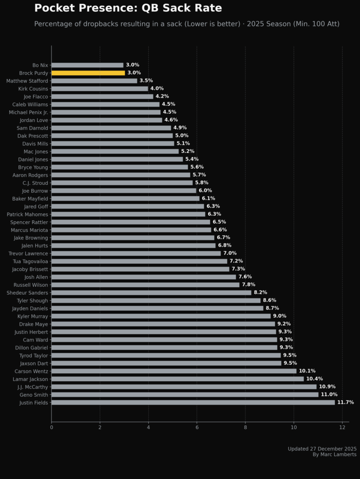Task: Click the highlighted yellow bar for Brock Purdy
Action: coord(88,73)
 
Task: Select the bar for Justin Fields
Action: coord(193,402)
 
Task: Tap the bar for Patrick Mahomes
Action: coord(128,214)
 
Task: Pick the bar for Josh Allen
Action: coord(144,277)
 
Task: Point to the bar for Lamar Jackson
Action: coord(177,379)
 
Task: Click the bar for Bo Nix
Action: coord(87,65)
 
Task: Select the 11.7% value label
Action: coord(346,402)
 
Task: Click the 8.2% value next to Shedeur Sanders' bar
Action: coord(260,292)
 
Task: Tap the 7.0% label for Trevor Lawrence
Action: coord(230,253)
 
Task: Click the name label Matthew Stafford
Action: coord(27,81)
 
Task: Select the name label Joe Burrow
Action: coord(35,191)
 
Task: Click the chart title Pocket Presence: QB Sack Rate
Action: coord(128,8)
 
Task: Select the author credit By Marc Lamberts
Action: coord(334,454)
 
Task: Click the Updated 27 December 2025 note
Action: coord(322,449)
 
